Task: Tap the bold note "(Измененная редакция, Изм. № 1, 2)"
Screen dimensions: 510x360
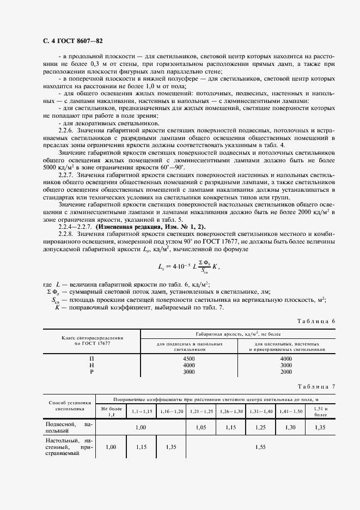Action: pos(144,226)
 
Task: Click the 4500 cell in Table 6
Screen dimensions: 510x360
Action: pos(189,359)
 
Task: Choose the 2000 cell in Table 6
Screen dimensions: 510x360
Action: pos(286,372)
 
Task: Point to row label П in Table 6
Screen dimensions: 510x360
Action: pos(91,359)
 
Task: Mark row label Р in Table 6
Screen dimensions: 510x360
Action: pos(91,372)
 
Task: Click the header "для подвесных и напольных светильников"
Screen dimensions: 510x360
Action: pos(189,347)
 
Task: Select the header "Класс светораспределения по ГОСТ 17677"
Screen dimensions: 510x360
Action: pos(91,341)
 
